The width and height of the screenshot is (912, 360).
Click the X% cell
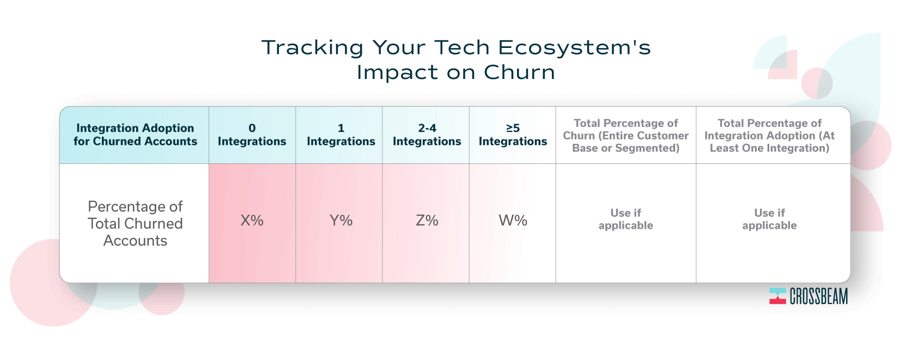[x=252, y=221]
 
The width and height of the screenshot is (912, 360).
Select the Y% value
[x=341, y=221]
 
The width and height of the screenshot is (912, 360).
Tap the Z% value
[x=427, y=221]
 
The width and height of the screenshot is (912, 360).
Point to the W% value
[x=513, y=221]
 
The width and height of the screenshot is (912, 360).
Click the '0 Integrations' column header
[x=252, y=135]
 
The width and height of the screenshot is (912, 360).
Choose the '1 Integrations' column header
[x=341, y=135]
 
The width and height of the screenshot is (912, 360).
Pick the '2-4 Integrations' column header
[x=427, y=135]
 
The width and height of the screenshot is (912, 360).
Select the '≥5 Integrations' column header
[x=513, y=135]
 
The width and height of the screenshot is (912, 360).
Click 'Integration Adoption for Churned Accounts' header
[x=135, y=135]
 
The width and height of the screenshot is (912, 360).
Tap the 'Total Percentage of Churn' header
[x=626, y=136]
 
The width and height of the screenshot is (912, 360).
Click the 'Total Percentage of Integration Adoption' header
[x=769, y=136]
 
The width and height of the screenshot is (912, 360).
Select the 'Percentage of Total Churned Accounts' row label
[x=135, y=224]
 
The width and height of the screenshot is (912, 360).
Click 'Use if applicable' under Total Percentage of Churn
[x=626, y=219]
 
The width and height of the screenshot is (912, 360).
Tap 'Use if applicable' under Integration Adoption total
[x=769, y=219]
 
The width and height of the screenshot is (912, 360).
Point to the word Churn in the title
[x=519, y=72]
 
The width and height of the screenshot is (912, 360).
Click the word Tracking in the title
[x=312, y=47]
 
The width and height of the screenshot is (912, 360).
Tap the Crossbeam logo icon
[x=777, y=296]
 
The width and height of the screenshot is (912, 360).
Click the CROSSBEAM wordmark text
[x=819, y=296]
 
